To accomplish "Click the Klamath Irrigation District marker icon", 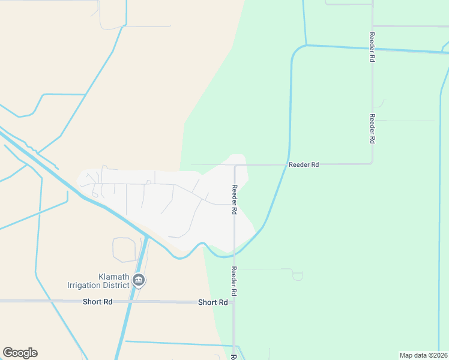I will tap(139, 280).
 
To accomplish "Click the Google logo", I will tap(20, 353).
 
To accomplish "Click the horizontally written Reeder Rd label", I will tap(303, 164).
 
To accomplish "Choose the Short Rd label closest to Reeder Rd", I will tap(213, 302).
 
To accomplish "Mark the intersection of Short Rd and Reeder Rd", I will tap(234, 302).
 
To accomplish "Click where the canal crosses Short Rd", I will tap(129, 301).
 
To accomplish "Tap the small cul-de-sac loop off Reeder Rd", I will tap(297, 276).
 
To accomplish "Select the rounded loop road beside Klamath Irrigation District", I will tap(124, 250).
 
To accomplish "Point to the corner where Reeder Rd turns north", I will tap(372, 163).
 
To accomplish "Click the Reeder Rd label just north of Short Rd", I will tap(234, 281).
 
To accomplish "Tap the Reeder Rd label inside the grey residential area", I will tap(235, 199).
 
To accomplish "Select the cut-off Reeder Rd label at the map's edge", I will tap(233, 356).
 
